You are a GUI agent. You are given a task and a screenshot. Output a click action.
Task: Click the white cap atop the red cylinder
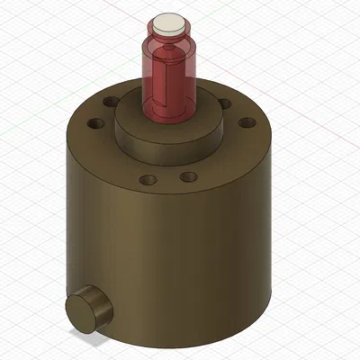167,24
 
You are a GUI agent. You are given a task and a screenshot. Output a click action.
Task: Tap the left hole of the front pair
148,180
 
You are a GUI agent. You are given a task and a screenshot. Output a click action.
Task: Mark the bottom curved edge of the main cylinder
180,337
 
